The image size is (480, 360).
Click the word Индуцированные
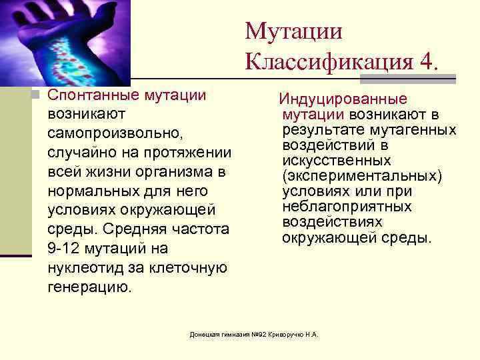click(x=343, y=99)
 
